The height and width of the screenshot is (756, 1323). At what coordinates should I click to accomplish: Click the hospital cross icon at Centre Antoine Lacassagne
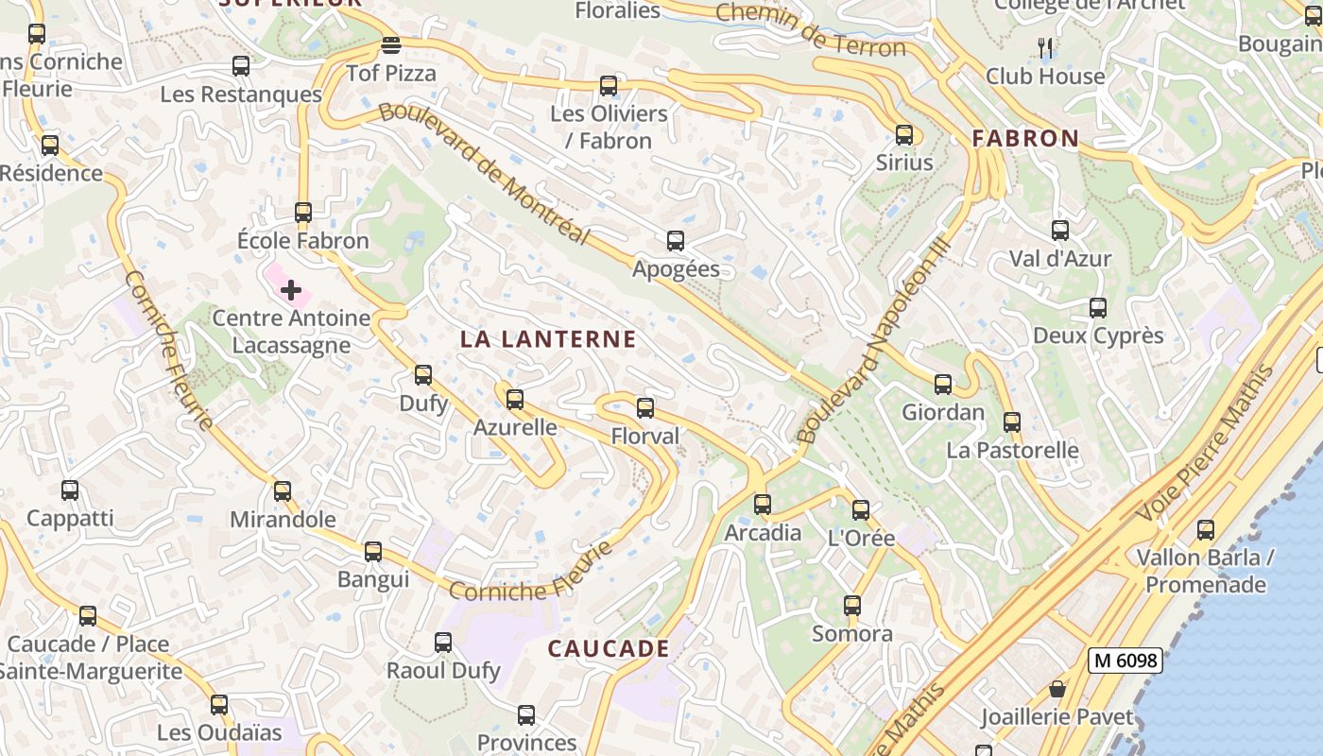(291, 290)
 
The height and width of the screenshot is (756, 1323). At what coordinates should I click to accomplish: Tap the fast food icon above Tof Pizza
(391, 45)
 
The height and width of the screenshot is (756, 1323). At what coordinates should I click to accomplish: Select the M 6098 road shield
(1125, 661)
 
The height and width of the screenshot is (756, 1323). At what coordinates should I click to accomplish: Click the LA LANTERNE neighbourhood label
(548, 339)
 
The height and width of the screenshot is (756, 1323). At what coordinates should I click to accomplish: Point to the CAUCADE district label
(609, 649)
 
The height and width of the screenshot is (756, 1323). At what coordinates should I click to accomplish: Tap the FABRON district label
(1025, 138)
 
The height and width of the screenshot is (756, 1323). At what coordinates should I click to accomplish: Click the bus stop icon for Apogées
(676, 241)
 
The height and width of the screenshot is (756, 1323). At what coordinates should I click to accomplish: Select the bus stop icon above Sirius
(904, 134)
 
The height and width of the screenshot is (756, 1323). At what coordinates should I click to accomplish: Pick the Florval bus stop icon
(645, 408)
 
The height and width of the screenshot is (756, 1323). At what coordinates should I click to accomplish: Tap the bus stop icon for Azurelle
(515, 400)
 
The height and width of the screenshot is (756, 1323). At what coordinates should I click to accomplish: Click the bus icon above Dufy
(423, 375)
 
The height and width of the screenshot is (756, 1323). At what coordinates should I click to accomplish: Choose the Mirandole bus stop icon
(283, 491)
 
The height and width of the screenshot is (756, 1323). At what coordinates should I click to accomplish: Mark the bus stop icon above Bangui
(373, 552)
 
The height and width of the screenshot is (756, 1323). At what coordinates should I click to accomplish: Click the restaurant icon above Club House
(1045, 47)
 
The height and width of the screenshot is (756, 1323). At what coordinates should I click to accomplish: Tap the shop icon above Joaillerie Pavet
(1057, 690)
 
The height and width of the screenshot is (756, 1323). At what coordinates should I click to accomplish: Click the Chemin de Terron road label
(811, 29)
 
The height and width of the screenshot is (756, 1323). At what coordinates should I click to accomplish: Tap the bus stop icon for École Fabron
(303, 213)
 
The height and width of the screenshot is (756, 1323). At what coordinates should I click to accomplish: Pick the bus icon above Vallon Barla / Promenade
(1206, 530)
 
